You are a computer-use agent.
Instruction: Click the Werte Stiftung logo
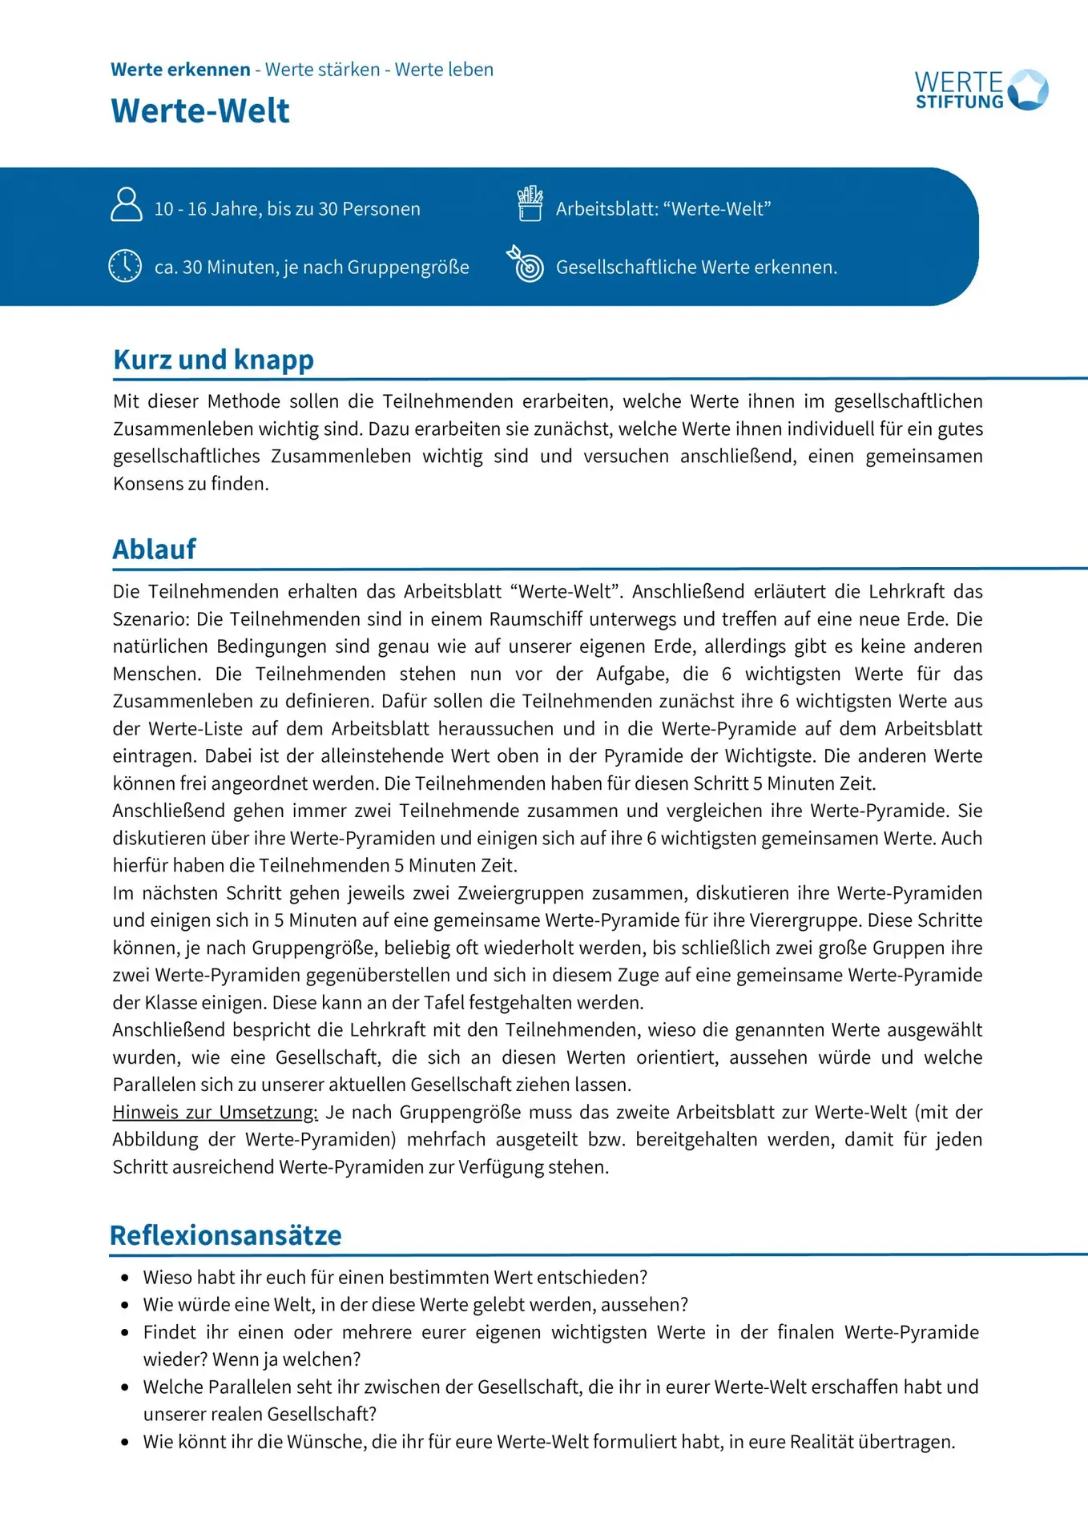tap(981, 90)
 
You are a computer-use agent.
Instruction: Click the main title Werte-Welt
tap(200, 111)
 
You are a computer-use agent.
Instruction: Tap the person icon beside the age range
tap(126, 204)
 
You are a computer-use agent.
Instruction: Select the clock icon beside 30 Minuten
tap(125, 266)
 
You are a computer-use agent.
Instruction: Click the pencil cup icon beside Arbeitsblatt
tap(530, 203)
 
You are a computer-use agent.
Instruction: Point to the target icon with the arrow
tap(526, 264)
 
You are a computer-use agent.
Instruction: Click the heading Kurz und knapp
tap(213, 360)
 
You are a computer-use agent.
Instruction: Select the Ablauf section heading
tap(154, 550)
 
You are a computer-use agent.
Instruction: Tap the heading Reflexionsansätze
tap(225, 1235)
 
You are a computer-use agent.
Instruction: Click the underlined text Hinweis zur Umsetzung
tap(215, 1112)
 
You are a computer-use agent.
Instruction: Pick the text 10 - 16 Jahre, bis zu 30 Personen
tap(287, 209)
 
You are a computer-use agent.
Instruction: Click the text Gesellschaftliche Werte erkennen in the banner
tap(696, 268)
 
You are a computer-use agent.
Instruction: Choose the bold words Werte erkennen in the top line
tap(180, 70)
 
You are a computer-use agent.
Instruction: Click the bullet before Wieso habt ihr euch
tap(124, 1278)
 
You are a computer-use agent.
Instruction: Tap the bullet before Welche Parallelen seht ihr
tap(124, 1387)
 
